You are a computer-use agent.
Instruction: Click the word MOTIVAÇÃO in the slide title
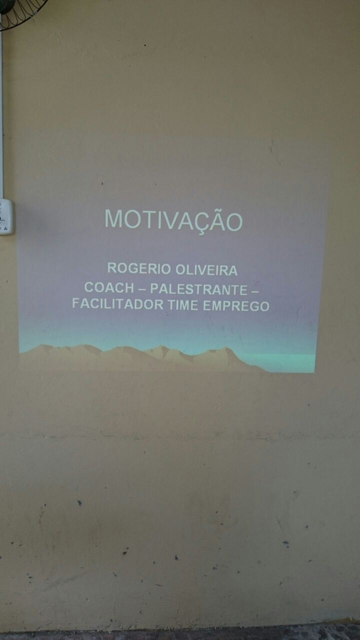tap(174, 220)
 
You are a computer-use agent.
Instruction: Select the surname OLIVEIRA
tap(206, 270)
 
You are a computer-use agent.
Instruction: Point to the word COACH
tap(109, 288)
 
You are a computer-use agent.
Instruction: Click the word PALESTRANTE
tap(199, 289)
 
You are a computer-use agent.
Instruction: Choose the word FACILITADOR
tap(118, 304)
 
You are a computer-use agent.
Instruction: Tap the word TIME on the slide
tap(183, 305)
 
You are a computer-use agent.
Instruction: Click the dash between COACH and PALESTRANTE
tap(142, 289)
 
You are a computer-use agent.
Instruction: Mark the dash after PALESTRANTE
tap(255, 290)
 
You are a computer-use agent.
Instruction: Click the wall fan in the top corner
tap(21, 12)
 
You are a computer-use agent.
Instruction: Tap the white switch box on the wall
tap(6, 217)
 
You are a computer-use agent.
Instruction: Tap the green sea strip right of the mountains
tap(286, 362)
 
